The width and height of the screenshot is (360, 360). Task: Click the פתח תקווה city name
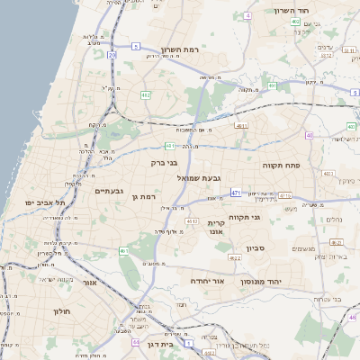point(281,166)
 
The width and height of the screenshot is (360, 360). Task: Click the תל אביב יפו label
point(45,203)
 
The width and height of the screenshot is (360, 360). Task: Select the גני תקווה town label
point(245,217)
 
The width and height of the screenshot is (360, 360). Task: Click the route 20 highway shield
point(112,56)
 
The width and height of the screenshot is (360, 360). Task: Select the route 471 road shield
point(235,193)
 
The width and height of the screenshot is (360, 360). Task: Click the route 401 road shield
point(241,127)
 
